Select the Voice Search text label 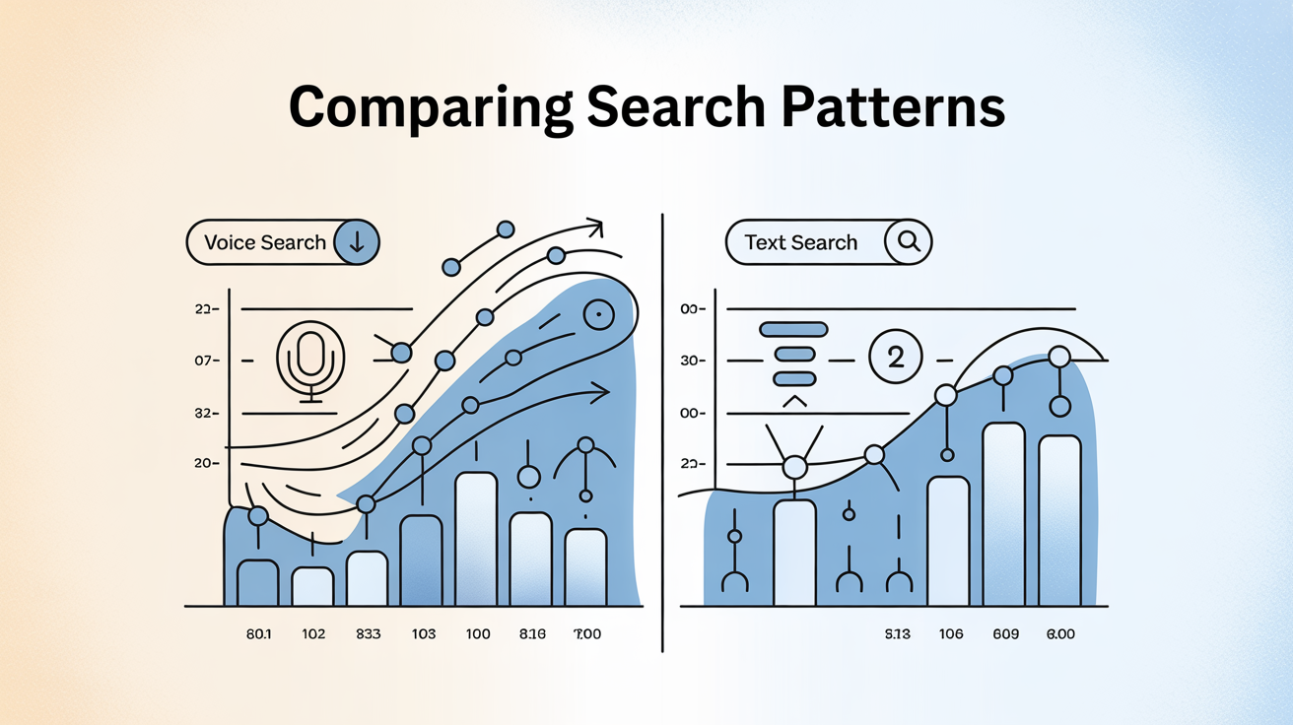click(264, 242)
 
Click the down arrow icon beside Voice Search click(357, 242)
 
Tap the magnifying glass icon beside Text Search click(908, 242)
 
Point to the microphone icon click(311, 360)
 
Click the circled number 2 click(896, 358)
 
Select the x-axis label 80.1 click(258, 634)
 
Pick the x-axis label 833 click(367, 634)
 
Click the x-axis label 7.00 click(586, 634)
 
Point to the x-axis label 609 click(1004, 634)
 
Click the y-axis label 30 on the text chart click(692, 362)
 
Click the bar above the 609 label click(1003, 513)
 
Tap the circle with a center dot click(597, 315)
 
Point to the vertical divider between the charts click(661, 433)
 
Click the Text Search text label click(800, 242)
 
